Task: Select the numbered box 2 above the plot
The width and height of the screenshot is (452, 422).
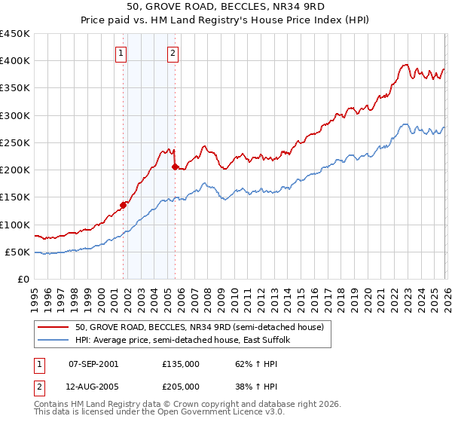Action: point(173,53)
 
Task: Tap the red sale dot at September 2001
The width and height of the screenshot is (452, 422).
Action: point(123,204)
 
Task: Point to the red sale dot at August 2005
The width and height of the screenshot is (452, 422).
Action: point(175,167)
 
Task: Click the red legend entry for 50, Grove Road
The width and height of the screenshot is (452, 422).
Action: point(199,327)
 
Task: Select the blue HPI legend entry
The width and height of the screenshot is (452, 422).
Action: point(182,341)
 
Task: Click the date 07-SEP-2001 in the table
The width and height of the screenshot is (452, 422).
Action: point(93,363)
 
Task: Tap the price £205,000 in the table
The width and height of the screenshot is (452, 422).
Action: point(180,386)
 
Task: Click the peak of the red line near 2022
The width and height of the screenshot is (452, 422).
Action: point(406,65)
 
